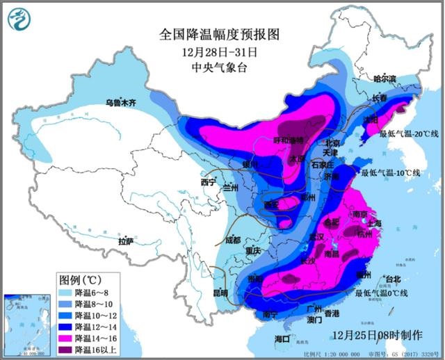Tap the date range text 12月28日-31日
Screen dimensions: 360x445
[x=218, y=51]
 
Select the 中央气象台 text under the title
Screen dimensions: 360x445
[x=218, y=67]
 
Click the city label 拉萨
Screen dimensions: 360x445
[x=125, y=242]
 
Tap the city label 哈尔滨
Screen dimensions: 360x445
[x=388, y=79]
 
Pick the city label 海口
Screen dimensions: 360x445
[x=282, y=338]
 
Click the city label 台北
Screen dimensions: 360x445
[x=392, y=279]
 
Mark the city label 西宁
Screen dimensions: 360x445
[x=209, y=182]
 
